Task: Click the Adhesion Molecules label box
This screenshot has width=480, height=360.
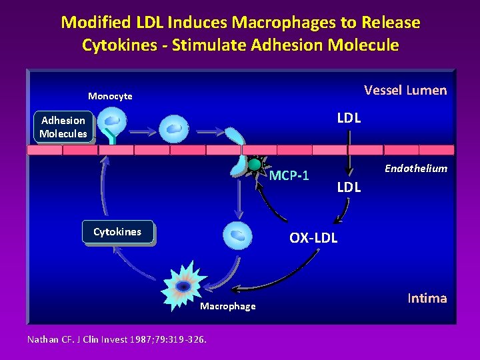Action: [x=63, y=127]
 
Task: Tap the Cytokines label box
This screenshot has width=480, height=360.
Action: [x=117, y=232]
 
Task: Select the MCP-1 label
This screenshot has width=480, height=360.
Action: [x=289, y=176]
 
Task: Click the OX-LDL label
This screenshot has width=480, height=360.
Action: [x=313, y=237]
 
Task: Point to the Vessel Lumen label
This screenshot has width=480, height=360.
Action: [x=405, y=90]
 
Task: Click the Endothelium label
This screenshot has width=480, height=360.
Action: [x=415, y=168]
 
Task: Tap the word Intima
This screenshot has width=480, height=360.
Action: [x=427, y=298]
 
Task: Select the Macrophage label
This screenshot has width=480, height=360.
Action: [x=227, y=306]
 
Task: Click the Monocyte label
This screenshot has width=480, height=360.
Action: [x=110, y=96]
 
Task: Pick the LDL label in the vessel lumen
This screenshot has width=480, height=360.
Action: [x=349, y=118]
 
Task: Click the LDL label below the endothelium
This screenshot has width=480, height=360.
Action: [x=349, y=187]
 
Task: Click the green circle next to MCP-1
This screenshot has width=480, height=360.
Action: [x=254, y=164]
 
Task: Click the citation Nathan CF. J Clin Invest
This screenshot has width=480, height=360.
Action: [x=117, y=339]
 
